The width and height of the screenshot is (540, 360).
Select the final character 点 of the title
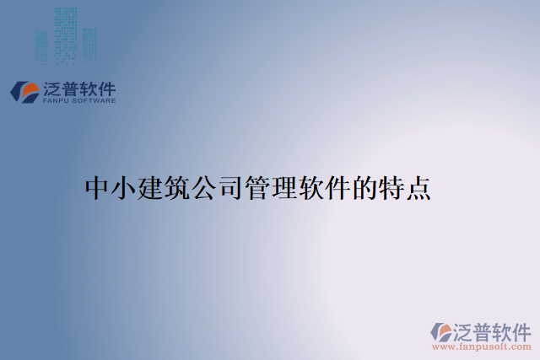point(418,188)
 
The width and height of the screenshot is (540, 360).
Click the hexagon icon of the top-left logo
point(24,91)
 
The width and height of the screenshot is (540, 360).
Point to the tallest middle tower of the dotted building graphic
point(66,34)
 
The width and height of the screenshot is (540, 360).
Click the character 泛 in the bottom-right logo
point(465,330)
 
